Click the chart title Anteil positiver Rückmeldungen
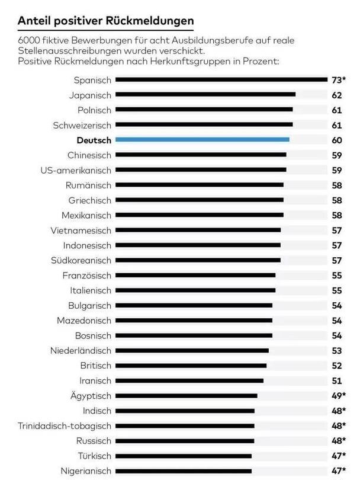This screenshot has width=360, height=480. pyautogui.click(x=105, y=21)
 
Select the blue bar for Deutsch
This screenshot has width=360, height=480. pyautogui.click(x=202, y=140)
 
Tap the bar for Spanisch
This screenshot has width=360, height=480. pyautogui.click(x=221, y=79)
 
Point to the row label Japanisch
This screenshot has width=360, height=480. pyautogui.click(x=90, y=95)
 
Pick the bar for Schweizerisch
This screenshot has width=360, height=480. pyautogui.click(x=204, y=125)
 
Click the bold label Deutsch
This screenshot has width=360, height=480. pyautogui.click(x=94, y=140)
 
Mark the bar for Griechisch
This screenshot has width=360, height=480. pyautogui.click(x=199, y=200)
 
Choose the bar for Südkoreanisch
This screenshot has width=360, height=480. pyautogui.click(x=198, y=260)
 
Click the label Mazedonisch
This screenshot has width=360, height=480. pyautogui.click(x=84, y=321)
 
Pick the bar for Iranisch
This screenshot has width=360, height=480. pyautogui.click(x=189, y=381)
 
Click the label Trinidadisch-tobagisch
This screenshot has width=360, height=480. pyautogui.click(x=65, y=426)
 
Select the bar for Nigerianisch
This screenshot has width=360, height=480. pyautogui.click(x=183, y=471)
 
